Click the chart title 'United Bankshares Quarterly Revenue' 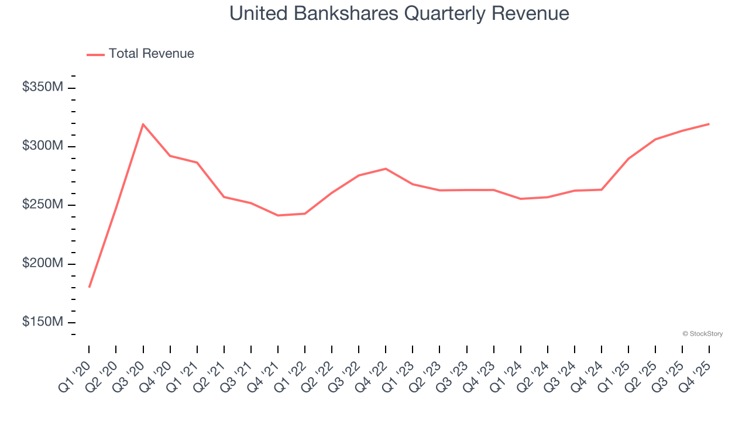(399, 13)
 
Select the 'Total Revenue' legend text (151, 54)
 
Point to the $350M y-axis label (42, 88)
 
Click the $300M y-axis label (42, 146)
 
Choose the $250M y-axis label (42, 205)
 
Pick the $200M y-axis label (42, 264)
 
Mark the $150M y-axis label (42, 323)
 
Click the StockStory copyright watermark (702, 334)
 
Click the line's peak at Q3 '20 (143, 124)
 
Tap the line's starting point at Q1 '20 (89, 287)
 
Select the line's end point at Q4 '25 (709, 124)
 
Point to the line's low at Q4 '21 (278, 215)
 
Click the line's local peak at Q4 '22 (386, 168)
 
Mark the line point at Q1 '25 (628, 158)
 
